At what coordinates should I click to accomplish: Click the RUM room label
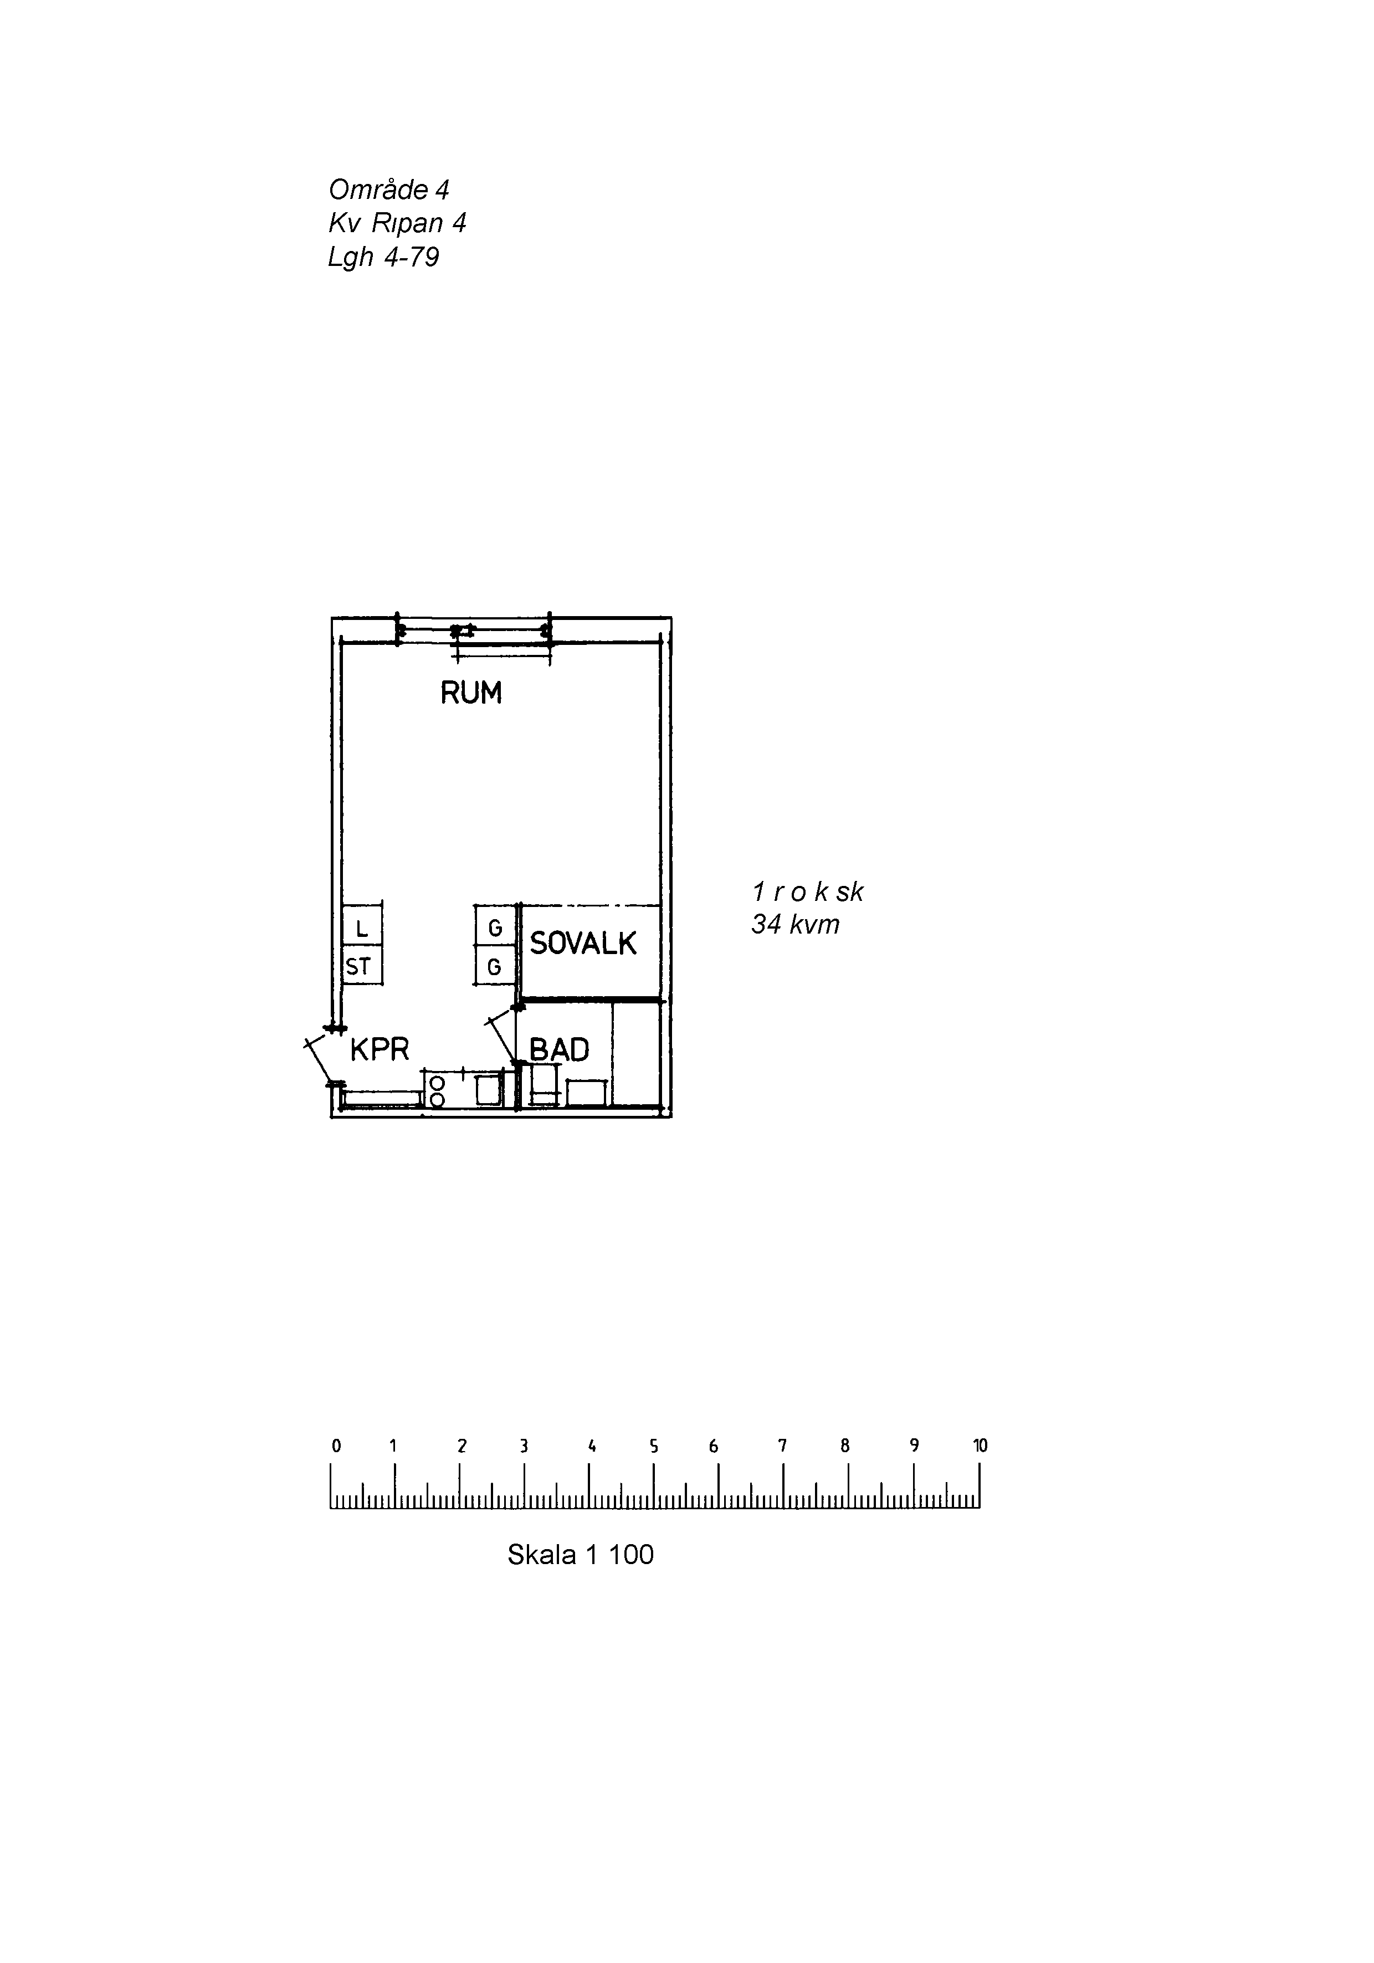tap(470, 693)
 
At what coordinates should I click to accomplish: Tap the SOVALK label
tap(582, 944)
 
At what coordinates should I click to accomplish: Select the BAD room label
tap(559, 1050)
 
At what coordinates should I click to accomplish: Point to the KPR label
tap(380, 1049)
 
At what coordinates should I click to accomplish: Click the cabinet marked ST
tap(359, 967)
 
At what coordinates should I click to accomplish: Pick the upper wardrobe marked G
tap(495, 927)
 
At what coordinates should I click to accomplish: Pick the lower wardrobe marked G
tap(495, 967)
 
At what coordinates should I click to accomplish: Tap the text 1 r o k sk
tap(807, 893)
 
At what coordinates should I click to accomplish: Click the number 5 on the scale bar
tap(653, 1447)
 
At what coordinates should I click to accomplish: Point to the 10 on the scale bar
tap(980, 1446)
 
